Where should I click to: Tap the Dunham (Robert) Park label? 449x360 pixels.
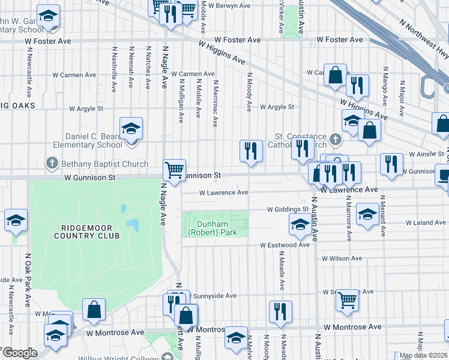(x=212, y=228)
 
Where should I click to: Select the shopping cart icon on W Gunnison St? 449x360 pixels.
(x=174, y=170)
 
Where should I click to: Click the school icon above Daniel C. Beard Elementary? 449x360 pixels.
(x=131, y=128)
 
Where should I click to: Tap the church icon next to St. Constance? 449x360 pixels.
(x=336, y=140)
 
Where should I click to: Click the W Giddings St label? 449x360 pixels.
(x=288, y=209)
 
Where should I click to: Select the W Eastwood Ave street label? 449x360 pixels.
(x=285, y=245)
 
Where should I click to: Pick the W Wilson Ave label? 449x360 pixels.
(x=342, y=259)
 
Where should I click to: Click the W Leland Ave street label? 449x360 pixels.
(x=425, y=223)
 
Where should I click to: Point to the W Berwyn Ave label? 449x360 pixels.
(x=229, y=5)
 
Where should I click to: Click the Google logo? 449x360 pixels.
(x=20, y=353)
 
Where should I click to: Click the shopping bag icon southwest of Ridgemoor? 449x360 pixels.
(x=94, y=310)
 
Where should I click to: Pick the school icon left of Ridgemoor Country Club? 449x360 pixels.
(x=16, y=220)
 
